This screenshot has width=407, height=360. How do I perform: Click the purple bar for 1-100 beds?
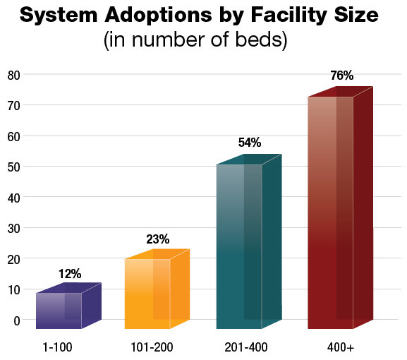[x=59, y=311]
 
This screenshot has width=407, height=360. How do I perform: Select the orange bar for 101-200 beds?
[x=148, y=293]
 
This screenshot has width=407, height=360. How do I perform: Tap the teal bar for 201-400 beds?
[x=239, y=247]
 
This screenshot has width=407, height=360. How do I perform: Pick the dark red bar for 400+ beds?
[x=330, y=212]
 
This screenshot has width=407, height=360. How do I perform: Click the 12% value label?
[x=70, y=274]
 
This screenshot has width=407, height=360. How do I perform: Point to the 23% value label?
[x=158, y=239]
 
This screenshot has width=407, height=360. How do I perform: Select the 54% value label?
[x=249, y=143]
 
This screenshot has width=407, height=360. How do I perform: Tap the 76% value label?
[x=341, y=76]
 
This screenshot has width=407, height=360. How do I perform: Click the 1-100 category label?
[x=58, y=347]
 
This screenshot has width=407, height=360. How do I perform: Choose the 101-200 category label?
[x=152, y=347]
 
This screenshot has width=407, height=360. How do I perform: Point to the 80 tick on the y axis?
[x=14, y=74]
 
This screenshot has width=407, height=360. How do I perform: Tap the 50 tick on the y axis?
[x=14, y=167]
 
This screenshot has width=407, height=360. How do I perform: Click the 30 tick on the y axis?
[x=14, y=228]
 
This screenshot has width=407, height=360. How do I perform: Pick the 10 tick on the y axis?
[x=14, y=289]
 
